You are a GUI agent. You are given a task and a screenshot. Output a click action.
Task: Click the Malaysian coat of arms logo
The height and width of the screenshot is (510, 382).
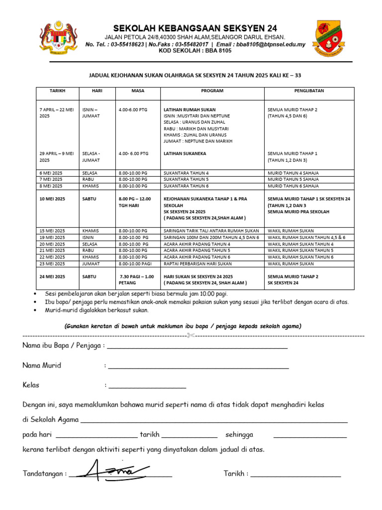(59, 38)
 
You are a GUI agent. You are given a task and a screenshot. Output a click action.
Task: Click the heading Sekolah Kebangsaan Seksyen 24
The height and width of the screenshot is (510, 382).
(195, 28)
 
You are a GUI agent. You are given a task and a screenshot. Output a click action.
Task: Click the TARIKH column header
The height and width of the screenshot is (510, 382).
(57, 91)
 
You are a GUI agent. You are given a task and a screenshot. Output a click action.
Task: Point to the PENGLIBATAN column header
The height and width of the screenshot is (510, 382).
(309, 91)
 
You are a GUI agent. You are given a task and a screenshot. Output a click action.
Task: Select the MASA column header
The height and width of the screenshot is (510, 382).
(138, 91)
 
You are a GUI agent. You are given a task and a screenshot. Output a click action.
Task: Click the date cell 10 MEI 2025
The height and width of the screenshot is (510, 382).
(52, 199)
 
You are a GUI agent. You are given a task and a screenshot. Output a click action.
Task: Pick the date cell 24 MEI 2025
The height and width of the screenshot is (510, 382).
(52, 276)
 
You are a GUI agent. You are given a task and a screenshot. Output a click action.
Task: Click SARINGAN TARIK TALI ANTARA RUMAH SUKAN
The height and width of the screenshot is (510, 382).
(211, 231)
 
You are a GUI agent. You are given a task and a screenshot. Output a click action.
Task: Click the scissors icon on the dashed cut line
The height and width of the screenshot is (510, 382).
(190, 336)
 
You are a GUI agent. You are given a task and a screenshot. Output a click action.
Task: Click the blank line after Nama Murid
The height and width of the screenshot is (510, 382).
(198, 367)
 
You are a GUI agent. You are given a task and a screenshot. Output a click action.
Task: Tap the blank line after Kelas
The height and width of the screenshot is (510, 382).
(147, 386)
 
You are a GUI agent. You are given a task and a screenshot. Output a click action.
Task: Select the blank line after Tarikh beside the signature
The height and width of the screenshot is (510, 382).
(295, 475)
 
